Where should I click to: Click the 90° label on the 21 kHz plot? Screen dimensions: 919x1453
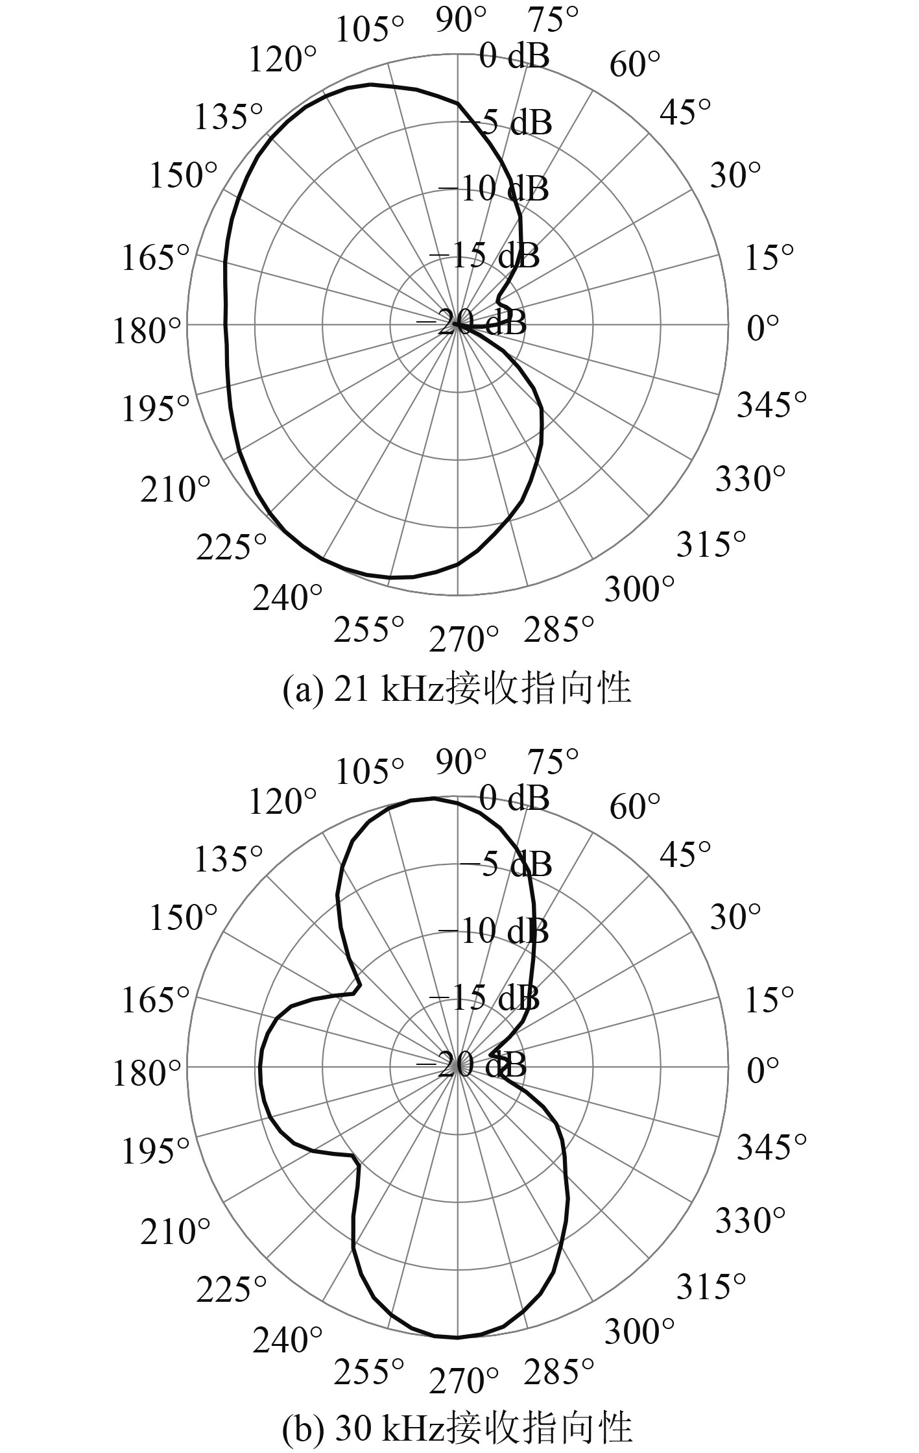click(x=461, y=21)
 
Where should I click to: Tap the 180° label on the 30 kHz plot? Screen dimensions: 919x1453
click(x=147, y=1073)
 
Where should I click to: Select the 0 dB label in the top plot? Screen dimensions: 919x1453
click(x=514, y=56)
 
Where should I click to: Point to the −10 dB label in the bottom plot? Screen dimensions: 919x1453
click(x=494, y=932)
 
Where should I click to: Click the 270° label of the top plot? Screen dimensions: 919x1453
click(x=464, y=640)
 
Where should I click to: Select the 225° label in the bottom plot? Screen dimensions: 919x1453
click(x=232, y=1288)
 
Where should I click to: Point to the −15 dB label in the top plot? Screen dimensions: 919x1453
click(x=484, y=256)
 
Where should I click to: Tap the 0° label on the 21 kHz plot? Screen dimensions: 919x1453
click(x=763, y=329)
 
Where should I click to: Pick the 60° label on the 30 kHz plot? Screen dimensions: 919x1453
click(x=635, y=807)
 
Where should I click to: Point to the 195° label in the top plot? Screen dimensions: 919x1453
click(x=156, y=409)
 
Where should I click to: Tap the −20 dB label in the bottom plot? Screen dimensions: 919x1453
click(x=471, y=1066)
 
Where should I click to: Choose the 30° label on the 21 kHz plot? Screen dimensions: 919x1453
click(x=735, y=175)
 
